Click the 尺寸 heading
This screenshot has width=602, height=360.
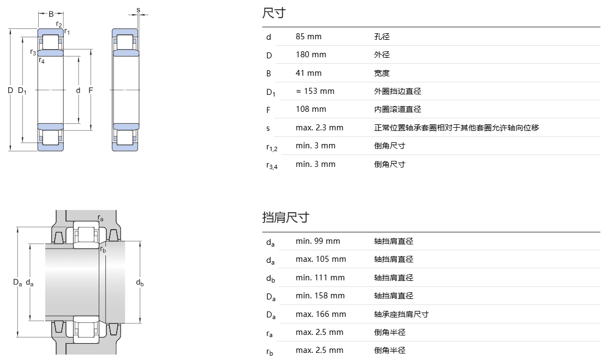(274, 13)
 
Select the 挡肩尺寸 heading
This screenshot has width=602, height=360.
(285, 217)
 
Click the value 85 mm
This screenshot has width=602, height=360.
(309, 37)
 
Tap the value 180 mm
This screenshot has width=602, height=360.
(311, 55)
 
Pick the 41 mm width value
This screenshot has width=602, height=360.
(309, 73)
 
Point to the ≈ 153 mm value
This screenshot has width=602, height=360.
(315, 91)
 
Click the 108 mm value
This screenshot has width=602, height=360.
(311, 109)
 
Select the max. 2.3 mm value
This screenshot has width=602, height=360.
(320, 128)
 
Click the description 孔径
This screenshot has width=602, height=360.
(382, 37)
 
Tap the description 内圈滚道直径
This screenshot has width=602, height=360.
(398, 109)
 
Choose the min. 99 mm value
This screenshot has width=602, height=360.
(317, 241)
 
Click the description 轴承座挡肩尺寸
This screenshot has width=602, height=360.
(401, 314)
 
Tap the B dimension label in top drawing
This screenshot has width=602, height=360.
(51, 14)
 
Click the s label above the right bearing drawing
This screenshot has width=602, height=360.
(138, 10)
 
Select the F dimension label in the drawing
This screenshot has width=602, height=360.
(91, 90)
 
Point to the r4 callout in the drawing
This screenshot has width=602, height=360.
(41, 61)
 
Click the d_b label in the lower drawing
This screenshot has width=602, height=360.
(140, 283)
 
